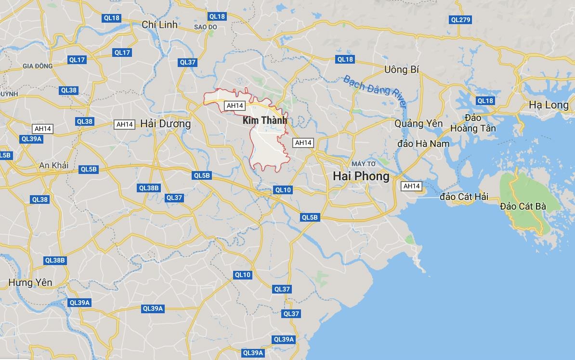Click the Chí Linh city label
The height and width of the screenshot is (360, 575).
[159, 25]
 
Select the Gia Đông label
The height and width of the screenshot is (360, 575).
[37, 66]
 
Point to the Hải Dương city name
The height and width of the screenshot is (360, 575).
[165, 124]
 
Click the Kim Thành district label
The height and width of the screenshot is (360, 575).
[265, 120]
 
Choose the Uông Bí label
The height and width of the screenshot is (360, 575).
[402, 70]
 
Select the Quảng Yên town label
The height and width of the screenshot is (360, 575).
[418, 124]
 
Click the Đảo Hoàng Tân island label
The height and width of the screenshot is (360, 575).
[473, 123]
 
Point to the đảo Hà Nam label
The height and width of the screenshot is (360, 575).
[423, 144]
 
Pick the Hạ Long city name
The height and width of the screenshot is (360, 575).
[549, 105]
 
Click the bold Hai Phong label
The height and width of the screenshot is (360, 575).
[361, 176]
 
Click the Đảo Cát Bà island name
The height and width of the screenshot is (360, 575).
[523, 206]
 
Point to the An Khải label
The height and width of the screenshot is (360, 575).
[54, 165]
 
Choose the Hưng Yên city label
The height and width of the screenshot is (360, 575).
[30, 282]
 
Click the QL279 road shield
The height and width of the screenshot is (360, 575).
[460, 20]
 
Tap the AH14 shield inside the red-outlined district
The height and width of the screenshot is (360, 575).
[235, 106]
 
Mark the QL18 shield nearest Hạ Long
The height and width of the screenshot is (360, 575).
[485, 101]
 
